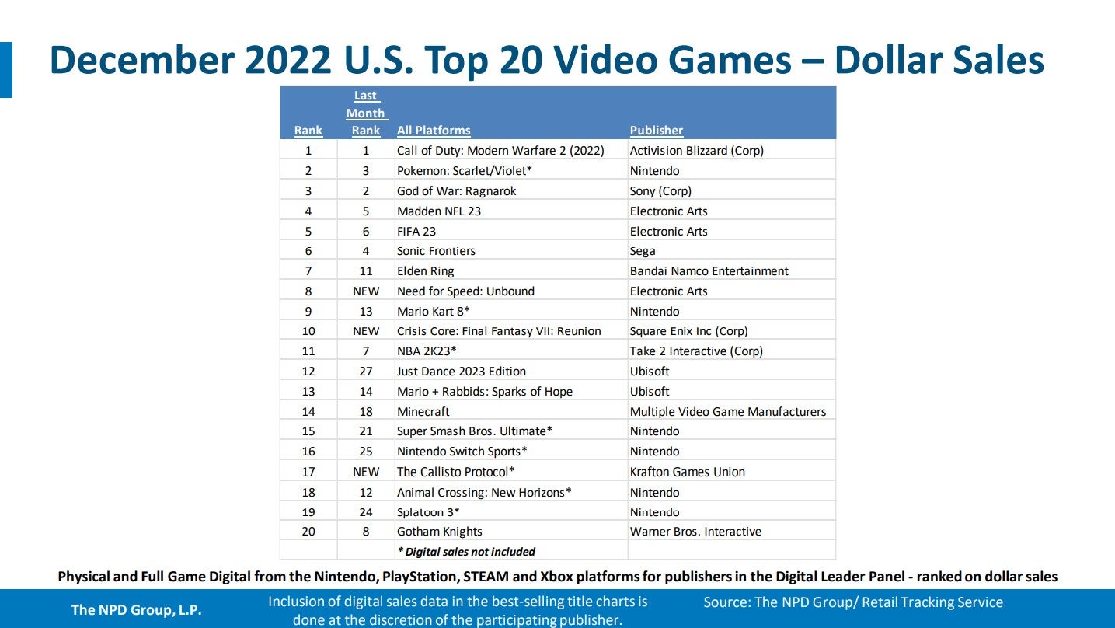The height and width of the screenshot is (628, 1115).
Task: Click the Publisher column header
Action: [x=657, y=131]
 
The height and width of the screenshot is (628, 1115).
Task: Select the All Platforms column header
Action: [x=434, y=131]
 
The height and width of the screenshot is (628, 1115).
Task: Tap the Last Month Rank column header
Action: [x=365, y=113]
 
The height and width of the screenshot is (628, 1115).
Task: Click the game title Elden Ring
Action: [x=425, y=271]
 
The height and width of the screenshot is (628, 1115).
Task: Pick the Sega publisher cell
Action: [x=643, y=251]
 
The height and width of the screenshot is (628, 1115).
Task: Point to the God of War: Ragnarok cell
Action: [x=456, y=191]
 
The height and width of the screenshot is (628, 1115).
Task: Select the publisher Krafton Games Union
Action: [x=687, y=472]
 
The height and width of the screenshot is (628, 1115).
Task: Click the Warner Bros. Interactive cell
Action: [x=695, y=532]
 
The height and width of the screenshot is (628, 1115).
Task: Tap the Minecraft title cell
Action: [x=423, y=412]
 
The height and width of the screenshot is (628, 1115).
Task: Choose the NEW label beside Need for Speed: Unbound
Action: [x=366, y=291]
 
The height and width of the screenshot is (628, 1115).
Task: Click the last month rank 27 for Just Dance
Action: [x=366, y=372]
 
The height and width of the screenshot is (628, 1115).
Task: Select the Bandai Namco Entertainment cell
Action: [x=709, y=271]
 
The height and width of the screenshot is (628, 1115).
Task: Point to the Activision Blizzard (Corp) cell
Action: [x=696, y=151]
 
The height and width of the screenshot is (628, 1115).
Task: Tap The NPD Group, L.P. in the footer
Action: [x=136, y=610]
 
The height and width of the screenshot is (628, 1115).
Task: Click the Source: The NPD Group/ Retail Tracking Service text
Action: [x=853, y=602]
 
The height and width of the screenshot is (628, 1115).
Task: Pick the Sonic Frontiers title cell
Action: [x=436, y=251]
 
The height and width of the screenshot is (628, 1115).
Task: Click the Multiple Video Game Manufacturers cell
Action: [x=727, y=412]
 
